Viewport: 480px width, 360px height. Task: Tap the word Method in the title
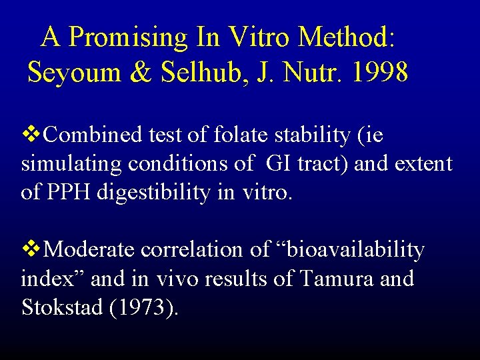(x=347, y=37)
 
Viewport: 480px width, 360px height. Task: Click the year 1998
(x=377, y=72)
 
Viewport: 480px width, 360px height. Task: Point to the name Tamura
(x=338, y=279)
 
